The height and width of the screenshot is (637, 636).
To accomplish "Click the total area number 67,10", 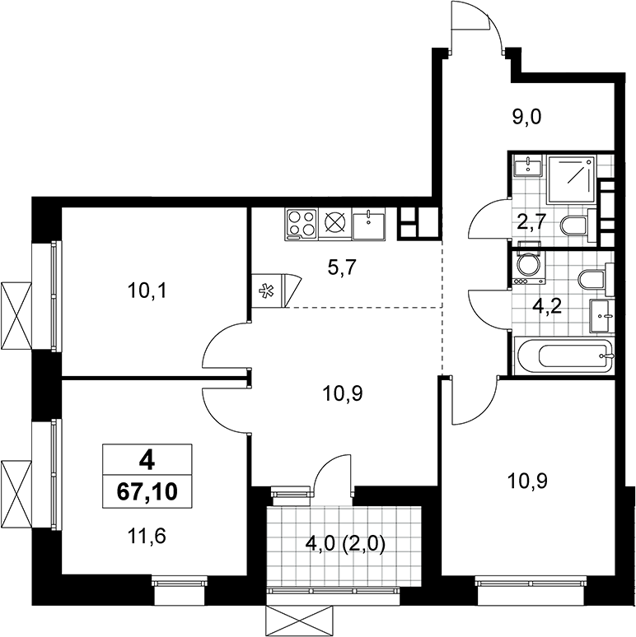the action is click(147, 491).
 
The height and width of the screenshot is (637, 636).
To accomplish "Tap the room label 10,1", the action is click(147, 291).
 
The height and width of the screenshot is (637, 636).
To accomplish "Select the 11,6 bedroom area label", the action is click(147, 537).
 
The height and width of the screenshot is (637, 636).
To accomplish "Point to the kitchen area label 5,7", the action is click(342, 267).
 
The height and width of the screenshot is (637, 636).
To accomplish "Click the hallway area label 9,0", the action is click(526, 118).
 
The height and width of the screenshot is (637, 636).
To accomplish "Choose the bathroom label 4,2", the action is click(547, 305).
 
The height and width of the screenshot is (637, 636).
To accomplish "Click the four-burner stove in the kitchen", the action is click(302, 223).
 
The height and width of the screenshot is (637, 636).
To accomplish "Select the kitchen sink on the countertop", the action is click(368, 224).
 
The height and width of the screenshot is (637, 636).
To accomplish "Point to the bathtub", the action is click(563, 355).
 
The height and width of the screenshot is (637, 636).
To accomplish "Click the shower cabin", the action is click(572, 179).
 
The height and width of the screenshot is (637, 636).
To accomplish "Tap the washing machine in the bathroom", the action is click(528, 267).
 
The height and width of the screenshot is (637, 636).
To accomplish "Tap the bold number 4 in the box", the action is click(147, 462).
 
